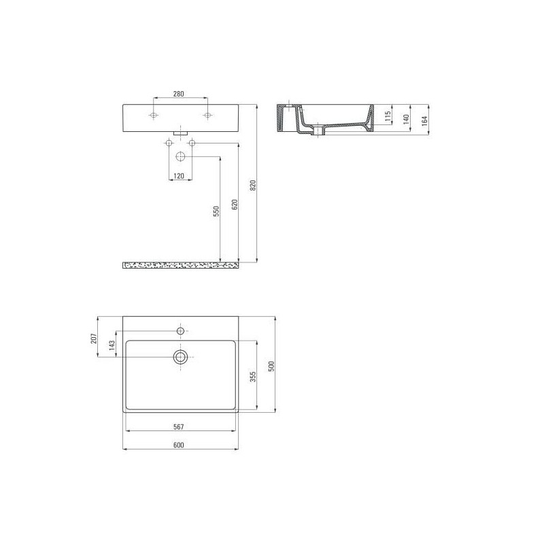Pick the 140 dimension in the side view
pyautogui.click(x=406, y=118)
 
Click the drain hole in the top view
pyautogui.click(x=181, y=357)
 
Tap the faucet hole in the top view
pyautogui.click(x=181, y=330)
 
